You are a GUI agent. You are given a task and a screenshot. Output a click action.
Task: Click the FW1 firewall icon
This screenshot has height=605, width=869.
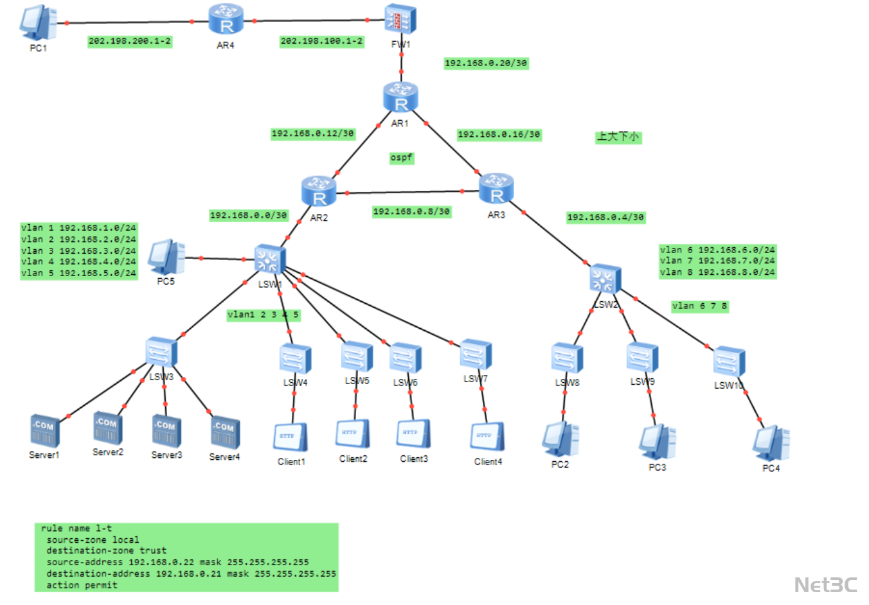point(400,19)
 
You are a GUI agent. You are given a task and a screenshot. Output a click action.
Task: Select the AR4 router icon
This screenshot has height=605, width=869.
point(226,19)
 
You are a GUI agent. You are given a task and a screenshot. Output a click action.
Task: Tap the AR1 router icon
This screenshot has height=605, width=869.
point(400,98)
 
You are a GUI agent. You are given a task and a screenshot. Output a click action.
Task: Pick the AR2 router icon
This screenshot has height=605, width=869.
point(319,191)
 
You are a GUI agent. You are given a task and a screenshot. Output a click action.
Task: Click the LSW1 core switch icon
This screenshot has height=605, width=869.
point(269,260)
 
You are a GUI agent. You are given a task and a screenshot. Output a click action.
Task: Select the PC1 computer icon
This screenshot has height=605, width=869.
point(38,23)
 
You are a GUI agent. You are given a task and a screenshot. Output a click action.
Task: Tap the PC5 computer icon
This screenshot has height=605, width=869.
point(166,257)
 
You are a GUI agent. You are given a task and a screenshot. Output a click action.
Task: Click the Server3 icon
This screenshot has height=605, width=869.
point(166,430)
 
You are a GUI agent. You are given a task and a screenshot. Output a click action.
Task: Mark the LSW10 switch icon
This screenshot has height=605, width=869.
point(729,362)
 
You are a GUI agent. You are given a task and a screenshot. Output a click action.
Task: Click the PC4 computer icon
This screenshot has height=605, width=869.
point(771,443)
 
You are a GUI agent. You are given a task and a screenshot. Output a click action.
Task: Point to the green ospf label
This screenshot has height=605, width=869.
point(402,158)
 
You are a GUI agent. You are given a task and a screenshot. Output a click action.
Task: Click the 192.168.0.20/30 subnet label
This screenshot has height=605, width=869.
point(486,63)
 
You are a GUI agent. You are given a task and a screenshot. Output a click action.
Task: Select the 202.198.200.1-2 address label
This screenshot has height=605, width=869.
point(130,41)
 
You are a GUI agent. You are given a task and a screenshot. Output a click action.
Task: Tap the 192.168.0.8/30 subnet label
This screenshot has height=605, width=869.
point(411,211)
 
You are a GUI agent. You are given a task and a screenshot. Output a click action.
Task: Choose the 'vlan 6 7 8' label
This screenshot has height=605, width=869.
point(699,306)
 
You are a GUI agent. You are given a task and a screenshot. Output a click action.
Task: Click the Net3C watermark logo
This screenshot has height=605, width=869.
point(825,585)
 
